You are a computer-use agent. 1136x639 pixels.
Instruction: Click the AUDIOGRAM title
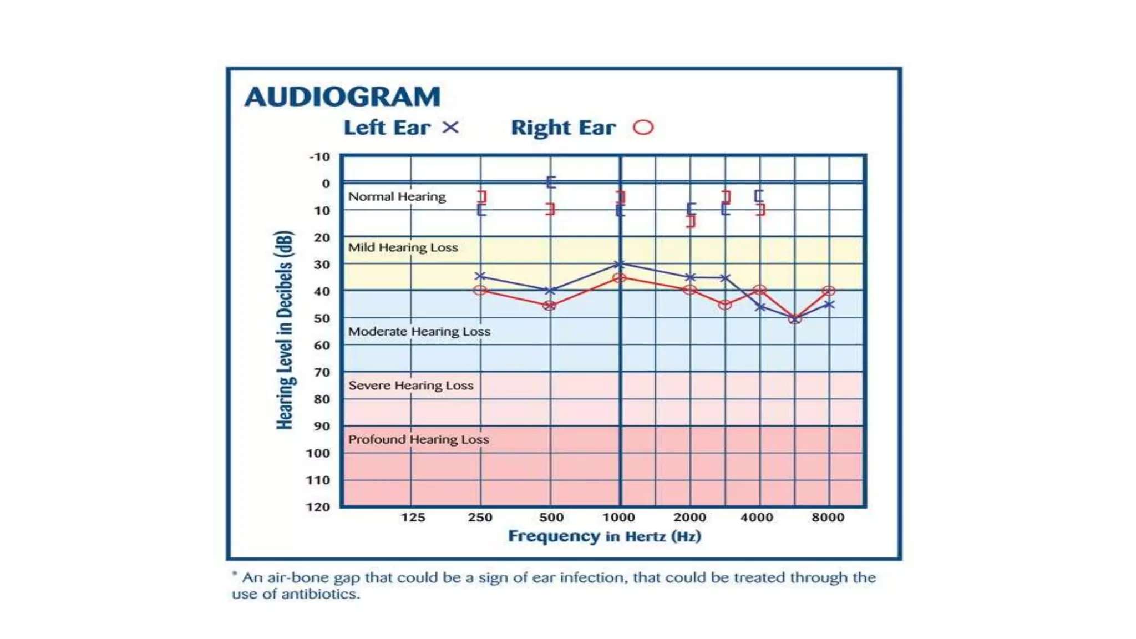tap(342, 97)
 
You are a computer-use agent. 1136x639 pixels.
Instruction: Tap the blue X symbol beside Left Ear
tap(450, 128)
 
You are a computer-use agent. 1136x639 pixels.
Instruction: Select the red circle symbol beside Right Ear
tap(643, 128)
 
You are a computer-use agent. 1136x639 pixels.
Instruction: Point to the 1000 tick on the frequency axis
tap(618, 517)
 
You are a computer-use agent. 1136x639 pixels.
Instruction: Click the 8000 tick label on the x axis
tap(828, 517)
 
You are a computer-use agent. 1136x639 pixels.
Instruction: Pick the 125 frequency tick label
tap(413, 517)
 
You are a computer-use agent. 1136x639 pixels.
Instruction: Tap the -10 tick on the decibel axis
tap(319, 157)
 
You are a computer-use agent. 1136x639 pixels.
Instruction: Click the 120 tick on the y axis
tap(318, 506)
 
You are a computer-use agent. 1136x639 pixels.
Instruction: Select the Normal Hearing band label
tap(397, 197)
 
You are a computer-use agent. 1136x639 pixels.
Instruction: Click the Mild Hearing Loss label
tap(403, 247)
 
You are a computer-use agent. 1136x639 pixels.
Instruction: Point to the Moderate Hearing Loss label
tap(419, 332)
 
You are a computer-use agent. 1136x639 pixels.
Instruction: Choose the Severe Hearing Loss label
tap(410, 386)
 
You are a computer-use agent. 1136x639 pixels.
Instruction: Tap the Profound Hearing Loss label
tap(418, 439)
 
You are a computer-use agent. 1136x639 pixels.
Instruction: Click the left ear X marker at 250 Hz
tap(480, 276)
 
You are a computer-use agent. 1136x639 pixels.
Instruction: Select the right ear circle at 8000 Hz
tap(829, 291)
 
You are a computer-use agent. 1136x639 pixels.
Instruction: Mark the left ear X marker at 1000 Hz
tap(620, 265)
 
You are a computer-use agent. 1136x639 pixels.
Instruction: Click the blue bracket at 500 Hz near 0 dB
tap(550, 182)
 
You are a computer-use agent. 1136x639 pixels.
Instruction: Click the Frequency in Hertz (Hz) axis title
tap(605, 536)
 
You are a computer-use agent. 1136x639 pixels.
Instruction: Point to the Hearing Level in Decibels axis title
tap(285, 330)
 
